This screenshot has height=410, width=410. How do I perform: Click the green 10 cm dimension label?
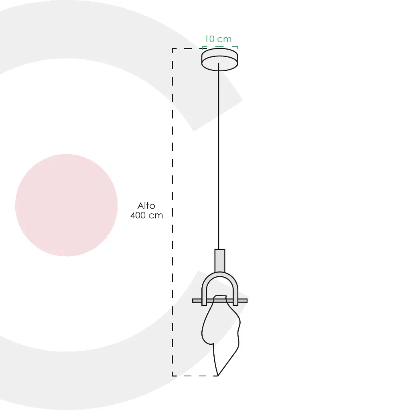click(218, 39)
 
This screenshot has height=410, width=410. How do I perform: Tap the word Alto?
click(146, 205)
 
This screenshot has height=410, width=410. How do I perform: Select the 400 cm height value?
click(147, 215)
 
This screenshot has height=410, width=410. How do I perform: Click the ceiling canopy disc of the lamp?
click(220, 59)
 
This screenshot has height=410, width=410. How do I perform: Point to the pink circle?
click(66, 205)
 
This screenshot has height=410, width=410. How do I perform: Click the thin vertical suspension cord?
click(219, 157)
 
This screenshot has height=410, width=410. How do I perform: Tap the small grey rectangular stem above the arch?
click(220, 261)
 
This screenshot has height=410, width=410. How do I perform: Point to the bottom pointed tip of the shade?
click(218, 376)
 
